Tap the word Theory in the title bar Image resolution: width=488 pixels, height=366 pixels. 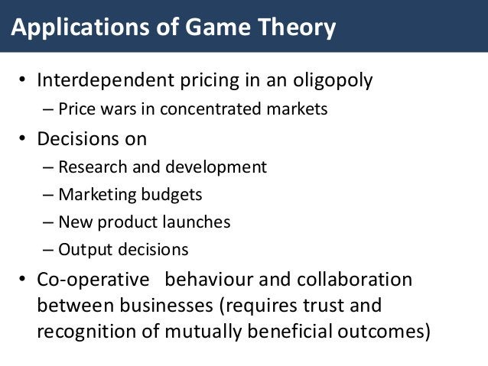295,29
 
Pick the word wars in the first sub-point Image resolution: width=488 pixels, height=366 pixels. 117,109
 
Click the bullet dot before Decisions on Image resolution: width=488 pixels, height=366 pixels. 23,139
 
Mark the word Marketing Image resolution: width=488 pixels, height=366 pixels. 96,195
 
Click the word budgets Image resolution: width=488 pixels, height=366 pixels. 170,195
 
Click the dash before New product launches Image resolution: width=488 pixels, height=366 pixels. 50,222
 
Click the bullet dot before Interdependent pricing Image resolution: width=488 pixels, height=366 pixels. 23,81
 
